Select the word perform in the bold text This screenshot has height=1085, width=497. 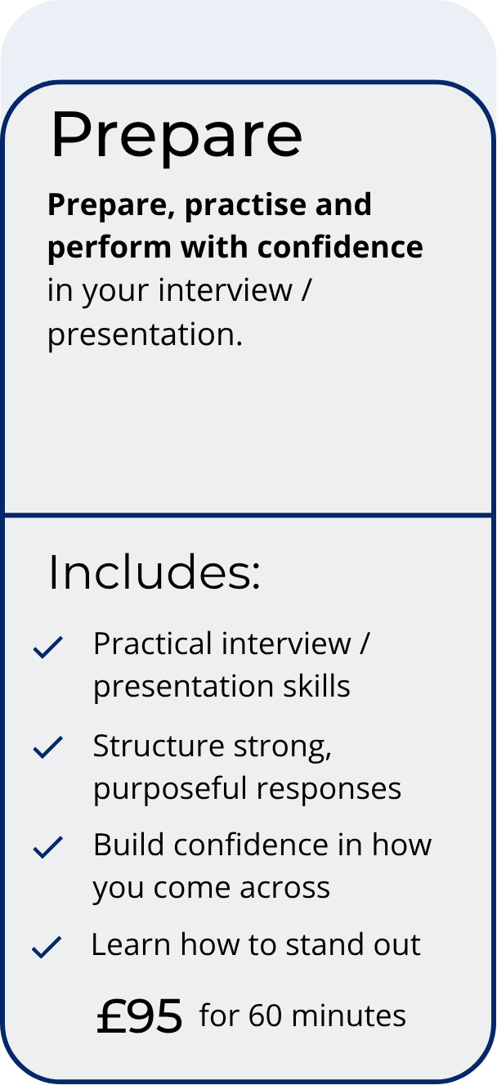click(x=110, y=249)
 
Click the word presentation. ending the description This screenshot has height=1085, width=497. click(x=145, y=335)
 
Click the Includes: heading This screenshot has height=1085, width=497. click(x=154, y=572)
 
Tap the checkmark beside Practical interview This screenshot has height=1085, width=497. click(x=48, y=647)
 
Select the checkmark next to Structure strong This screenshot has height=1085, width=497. click(x=48, y=746)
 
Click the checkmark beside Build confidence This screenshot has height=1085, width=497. click(x=48, y=847)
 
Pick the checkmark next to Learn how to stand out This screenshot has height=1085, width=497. click(x=47, y=947)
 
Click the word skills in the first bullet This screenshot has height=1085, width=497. click(x=316, y=686)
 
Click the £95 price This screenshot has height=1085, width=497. click(x=140, y=1017)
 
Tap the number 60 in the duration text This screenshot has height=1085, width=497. click(x=265, y=1016)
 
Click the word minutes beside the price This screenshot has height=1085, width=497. click(x=348, y=1016)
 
